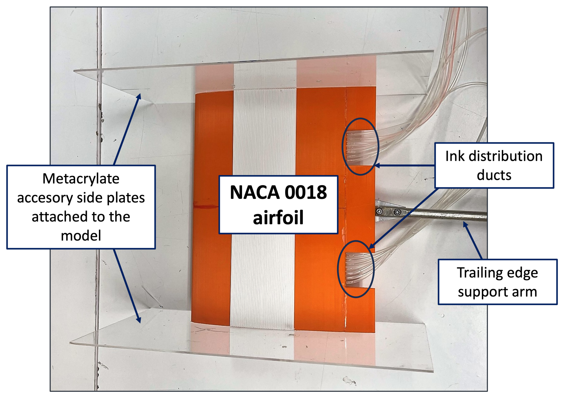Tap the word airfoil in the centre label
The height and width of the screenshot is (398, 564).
tap(278, 218)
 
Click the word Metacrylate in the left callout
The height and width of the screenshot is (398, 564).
tap(81, 179)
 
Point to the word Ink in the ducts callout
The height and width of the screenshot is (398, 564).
tap(455, 156)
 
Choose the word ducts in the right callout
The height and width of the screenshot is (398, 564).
tap(494, 175)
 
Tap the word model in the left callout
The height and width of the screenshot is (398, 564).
tap(81, 236)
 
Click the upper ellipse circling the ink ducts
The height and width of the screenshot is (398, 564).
tap(360, 119)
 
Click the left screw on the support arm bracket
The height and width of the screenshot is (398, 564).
tap(380, 211)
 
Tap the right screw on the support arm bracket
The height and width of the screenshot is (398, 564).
tap(397, 212)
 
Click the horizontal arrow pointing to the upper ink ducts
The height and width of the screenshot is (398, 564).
tap(404, 166)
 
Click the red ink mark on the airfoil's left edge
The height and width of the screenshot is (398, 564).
tap(205, 206)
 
